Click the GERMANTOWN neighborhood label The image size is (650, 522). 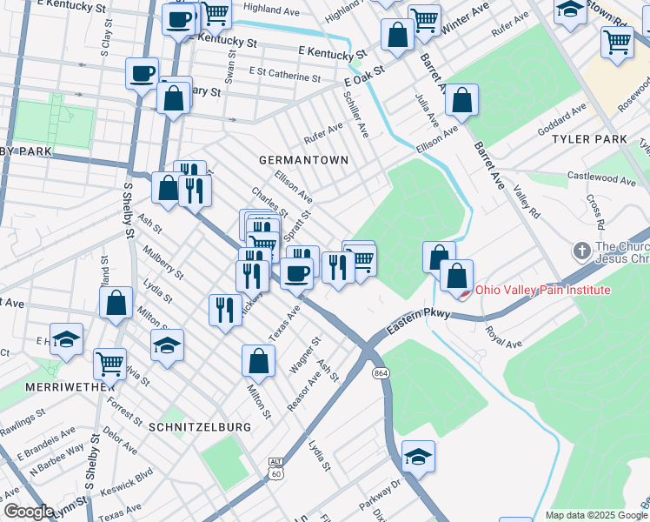click(303, 160)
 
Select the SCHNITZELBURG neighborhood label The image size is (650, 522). click(200, 427)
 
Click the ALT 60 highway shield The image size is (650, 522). click(275, 468)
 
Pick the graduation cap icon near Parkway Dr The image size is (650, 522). click(418, 456)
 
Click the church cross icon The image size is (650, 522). click(581, 251)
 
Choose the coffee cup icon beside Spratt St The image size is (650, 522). click(296, 272)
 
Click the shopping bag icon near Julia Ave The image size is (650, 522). click(461, 100)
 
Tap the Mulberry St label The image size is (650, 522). click(164, 262)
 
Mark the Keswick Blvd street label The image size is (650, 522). click(133, 479)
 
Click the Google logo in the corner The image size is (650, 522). click(29, 512)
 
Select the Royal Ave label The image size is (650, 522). click(503, 338)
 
